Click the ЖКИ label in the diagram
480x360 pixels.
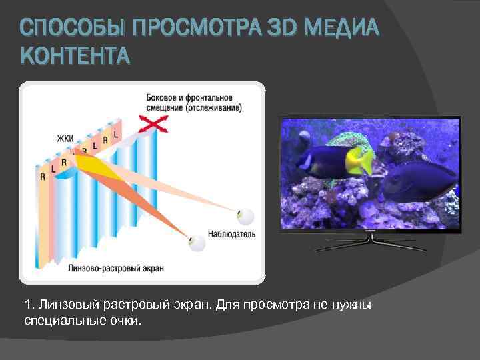pyautogui.click(x=65, y=139)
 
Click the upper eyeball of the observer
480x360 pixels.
pyautogui.click(x=245, y=215)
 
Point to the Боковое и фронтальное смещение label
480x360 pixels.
pyautogui.click(x=193, y=103)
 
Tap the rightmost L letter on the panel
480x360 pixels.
pyautogui.click(x=115, y=135)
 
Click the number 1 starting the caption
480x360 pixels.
pyautogui.click(x=27, y=305)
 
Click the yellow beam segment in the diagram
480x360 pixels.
pyautogui.click(x=93, y=167)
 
